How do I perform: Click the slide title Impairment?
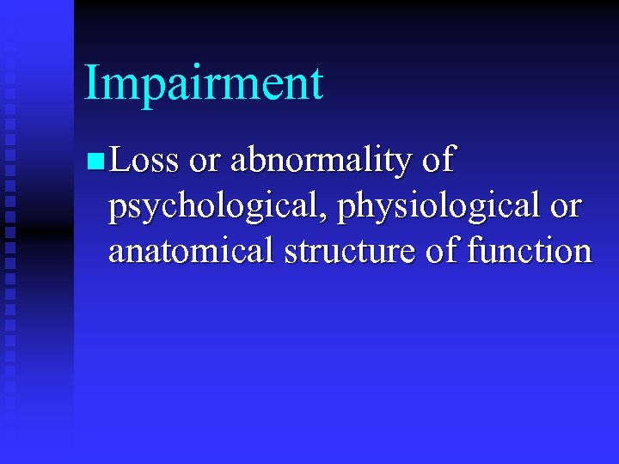click(204, 83)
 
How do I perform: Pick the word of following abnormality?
click(438, 160)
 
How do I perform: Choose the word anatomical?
click(188, 251)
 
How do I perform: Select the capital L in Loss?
click(120, 160)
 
